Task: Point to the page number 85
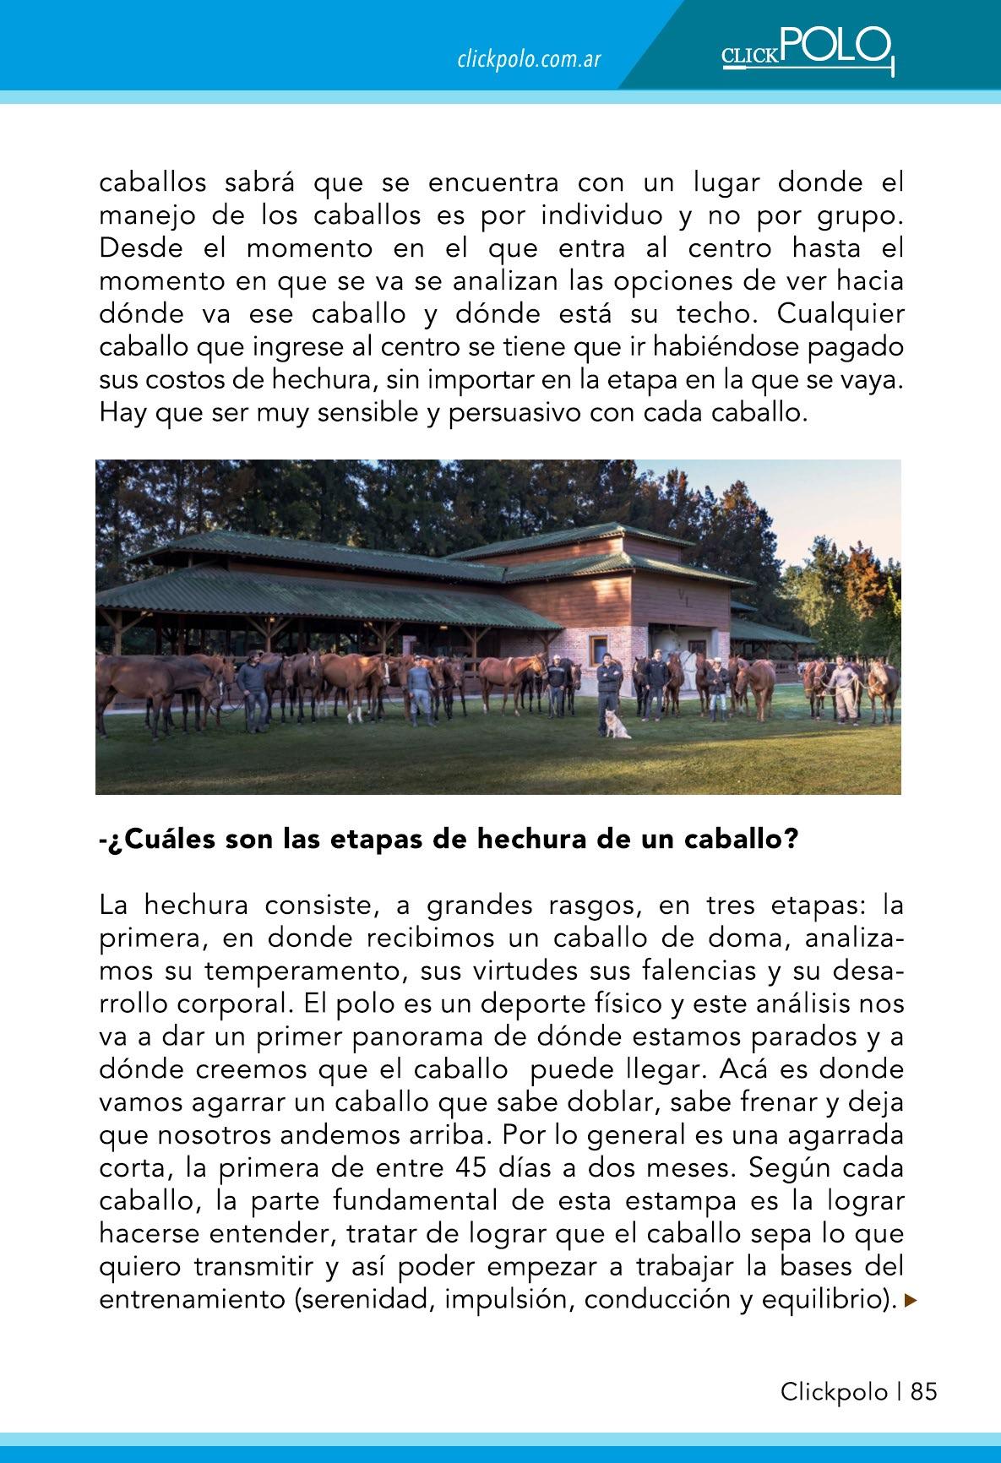click(x=924, y=1392)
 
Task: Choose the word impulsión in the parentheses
click(x=498, y=1300)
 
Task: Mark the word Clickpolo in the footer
click(x=834, y=1392)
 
